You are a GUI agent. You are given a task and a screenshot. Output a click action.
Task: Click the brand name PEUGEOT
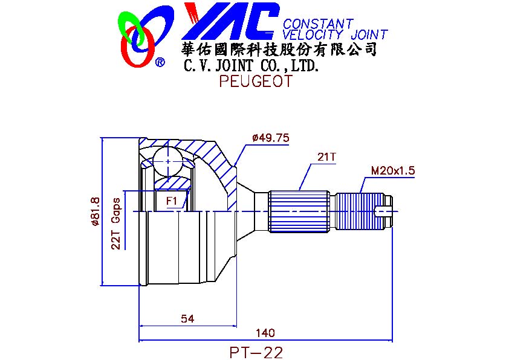click(256, 81)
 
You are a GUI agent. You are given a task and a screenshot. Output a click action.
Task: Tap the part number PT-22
click(256, 352)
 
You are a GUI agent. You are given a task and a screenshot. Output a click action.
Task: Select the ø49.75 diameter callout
click(271, 138)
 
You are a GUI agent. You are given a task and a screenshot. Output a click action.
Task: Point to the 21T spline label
click(326, 157)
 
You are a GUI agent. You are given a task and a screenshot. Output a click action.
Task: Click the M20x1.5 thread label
click(393, 170)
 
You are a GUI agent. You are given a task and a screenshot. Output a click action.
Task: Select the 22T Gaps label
click(115, 223)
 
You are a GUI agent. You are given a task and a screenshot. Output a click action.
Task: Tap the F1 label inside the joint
click(172, 201)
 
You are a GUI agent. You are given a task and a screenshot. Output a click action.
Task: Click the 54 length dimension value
click(187, 319)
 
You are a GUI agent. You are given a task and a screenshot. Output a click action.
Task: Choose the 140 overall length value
click(265, 333)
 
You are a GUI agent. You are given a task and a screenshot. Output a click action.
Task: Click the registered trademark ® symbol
click(160, 62)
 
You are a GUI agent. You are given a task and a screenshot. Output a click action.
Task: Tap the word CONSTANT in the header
click(318, 24)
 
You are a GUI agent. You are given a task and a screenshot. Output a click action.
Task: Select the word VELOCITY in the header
click(313, 34)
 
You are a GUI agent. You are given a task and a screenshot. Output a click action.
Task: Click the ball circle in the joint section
click(168, 161)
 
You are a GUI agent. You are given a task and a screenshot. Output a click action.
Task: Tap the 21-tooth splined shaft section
click(299, 211)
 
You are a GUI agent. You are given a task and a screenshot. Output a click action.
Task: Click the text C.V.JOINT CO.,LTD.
click(251, 65)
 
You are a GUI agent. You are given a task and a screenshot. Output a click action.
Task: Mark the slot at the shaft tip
click(383, 211)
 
